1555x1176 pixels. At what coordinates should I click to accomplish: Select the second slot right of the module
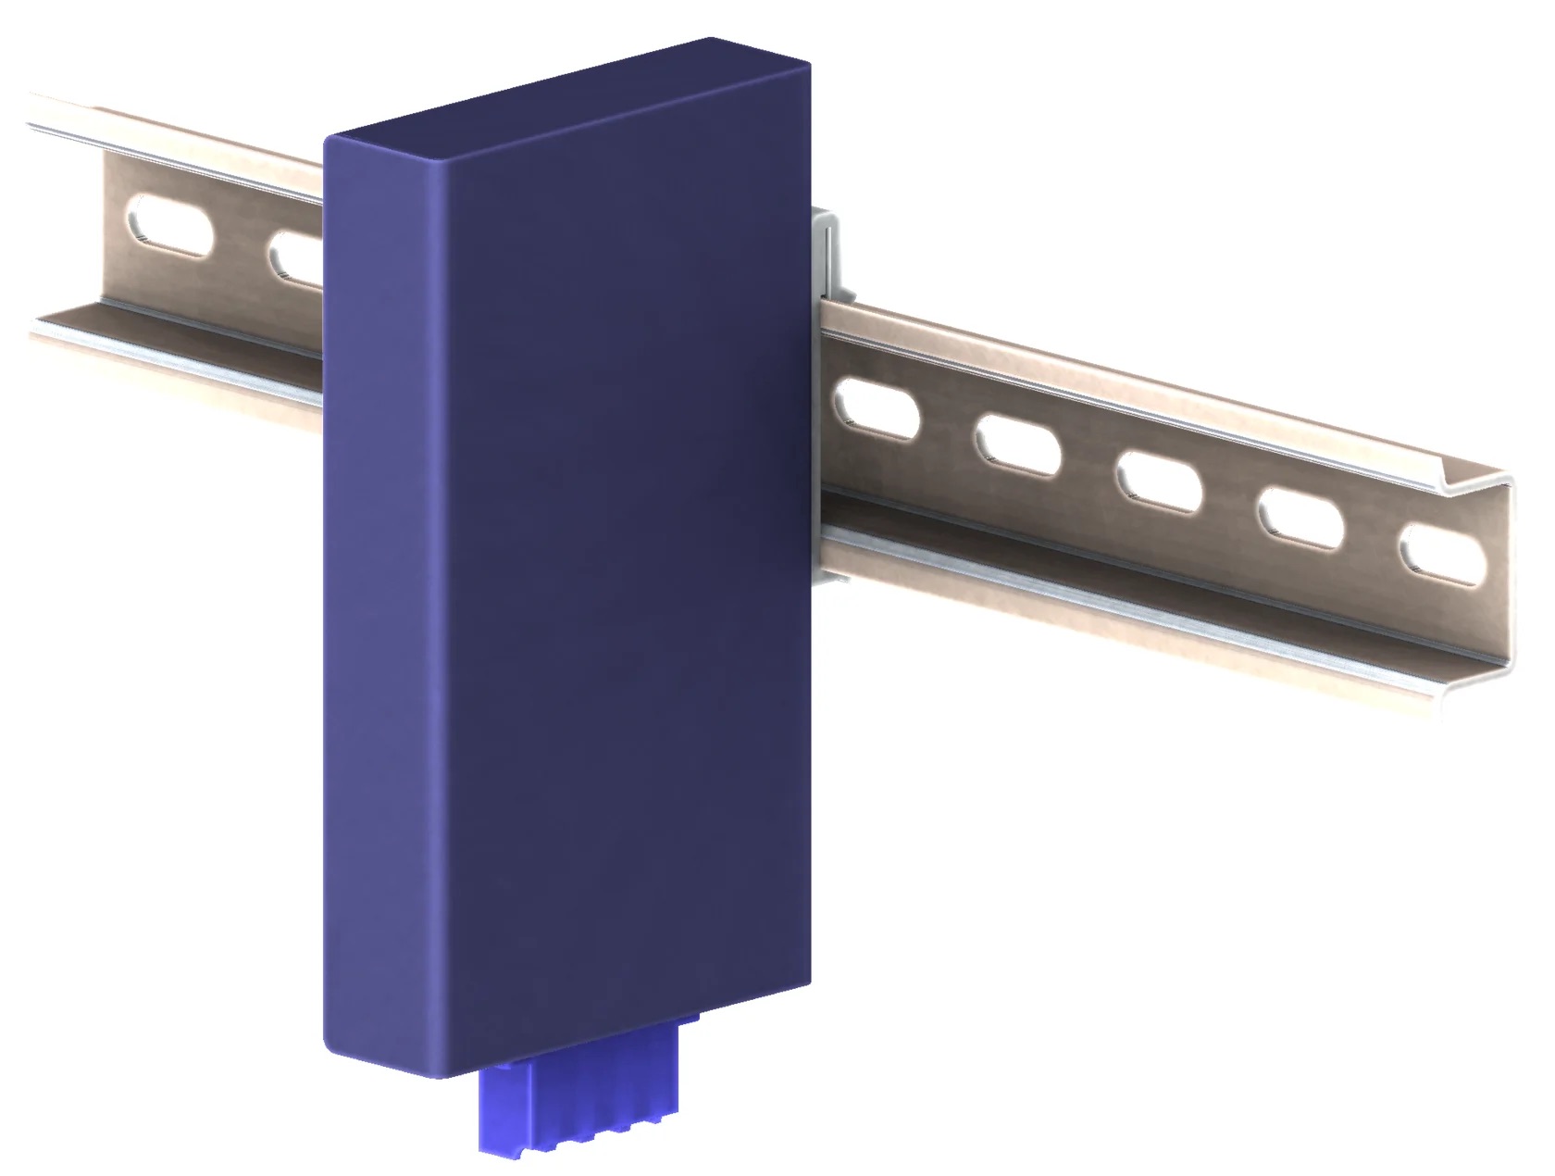click(1017, 446)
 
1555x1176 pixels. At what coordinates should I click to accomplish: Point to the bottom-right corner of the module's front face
click(807, 980)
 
